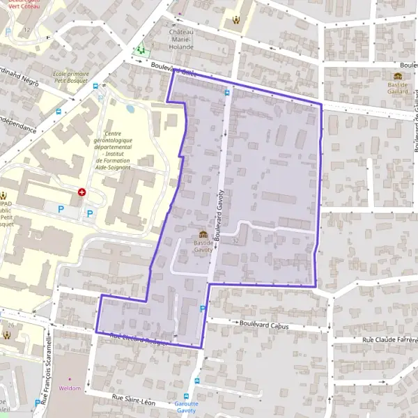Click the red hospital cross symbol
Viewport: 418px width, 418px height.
(82, 192)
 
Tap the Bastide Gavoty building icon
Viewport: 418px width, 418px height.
(203, 233)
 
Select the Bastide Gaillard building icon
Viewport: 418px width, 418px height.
(398, 76)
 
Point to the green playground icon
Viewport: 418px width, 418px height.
(141, 50)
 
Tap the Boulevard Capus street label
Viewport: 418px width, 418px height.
(263, 324)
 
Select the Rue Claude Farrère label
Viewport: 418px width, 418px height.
(389, 339)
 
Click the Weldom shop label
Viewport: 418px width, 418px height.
(70, 388)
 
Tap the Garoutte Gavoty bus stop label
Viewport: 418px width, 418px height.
(186, 407)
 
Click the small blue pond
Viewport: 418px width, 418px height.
(130, 109)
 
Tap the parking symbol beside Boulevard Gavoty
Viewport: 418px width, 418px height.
(203, 309)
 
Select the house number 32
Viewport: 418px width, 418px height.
(235, 241)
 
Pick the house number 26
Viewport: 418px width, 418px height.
(11, 325)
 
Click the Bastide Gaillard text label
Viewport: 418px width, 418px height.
(398, 88)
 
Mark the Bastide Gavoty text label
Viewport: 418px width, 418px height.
(203, 245)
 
